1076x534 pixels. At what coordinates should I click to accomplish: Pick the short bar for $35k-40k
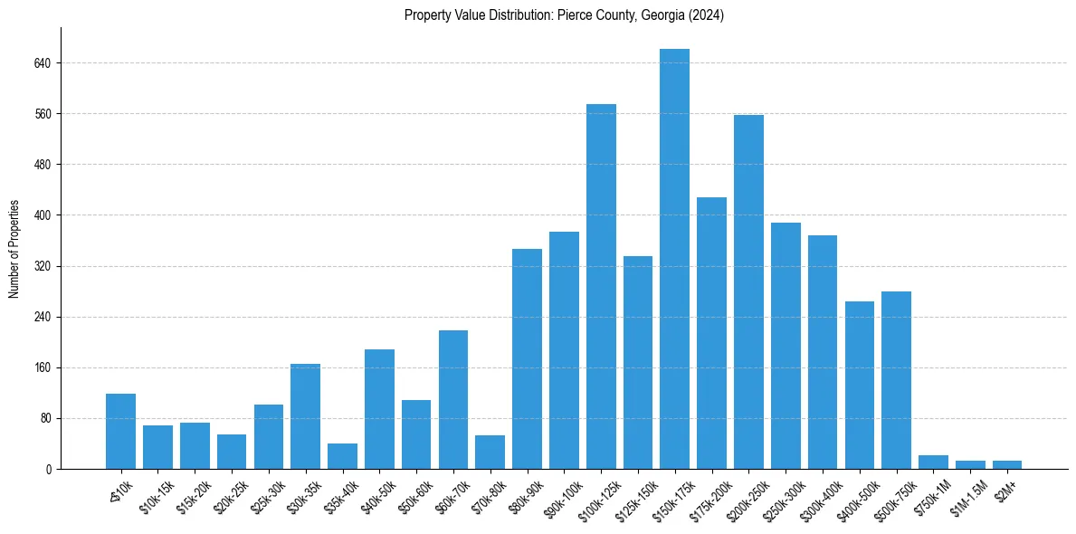coord(342,456)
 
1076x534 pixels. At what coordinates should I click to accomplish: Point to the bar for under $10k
coord(120,432)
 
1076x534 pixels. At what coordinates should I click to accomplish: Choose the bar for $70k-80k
coord(490,453)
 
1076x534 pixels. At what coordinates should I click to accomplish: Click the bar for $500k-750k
coord(896,380)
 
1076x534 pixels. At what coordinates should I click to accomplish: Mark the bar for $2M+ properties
coord(1006,465)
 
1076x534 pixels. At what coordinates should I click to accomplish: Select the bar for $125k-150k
coord(638,362)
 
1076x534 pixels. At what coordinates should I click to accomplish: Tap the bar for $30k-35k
coord(305,416)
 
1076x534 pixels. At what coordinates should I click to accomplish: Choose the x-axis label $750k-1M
coord(932,496)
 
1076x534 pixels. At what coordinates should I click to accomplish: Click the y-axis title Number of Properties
coord(14,249)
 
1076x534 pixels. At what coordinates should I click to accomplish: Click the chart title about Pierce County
coord(564,15)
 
